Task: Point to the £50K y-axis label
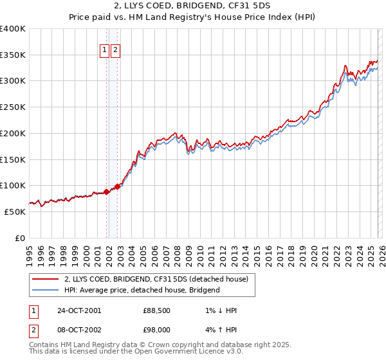15,212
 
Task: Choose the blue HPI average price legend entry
142,290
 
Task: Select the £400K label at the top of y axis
13,29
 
